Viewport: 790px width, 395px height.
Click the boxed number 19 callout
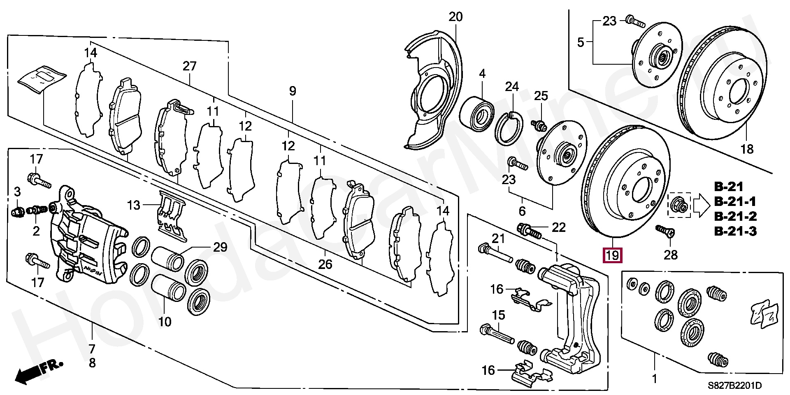click(612, 255)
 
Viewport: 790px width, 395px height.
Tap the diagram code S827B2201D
click(734, 386)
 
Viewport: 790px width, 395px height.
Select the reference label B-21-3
click(735, 231)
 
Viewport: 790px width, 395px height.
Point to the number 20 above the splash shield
click(455, 17)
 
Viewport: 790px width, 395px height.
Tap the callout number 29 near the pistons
click(220, 247)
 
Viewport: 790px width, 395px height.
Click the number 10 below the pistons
click(165, 321)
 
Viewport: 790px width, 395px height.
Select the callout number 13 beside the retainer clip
click(134, 205)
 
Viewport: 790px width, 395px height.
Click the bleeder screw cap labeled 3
click(16, 212)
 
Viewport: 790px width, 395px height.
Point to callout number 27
click(189, 66)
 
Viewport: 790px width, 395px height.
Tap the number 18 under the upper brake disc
click(747, 149)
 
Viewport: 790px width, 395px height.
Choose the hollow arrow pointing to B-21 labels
click(702, 205)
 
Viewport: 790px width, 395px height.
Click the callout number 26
click(325, 264)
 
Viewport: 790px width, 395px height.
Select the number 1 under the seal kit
click(654, 378)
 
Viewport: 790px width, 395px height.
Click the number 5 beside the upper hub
click(581, 42)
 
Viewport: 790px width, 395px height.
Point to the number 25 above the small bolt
click(541, 96)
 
